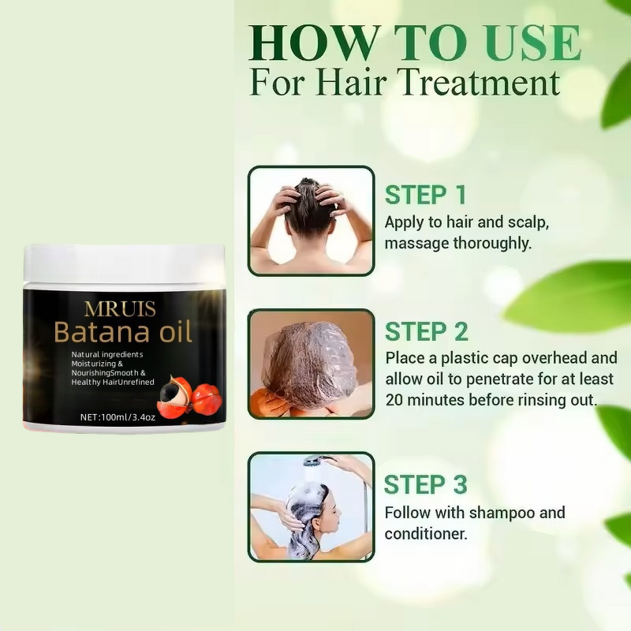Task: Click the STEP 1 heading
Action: pyautogui.click(x=425, y=195)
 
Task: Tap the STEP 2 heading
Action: pyautogui.click(x=426, y=331)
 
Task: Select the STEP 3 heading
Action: pyautogui.click(x=425, y=484)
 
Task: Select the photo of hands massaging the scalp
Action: pyautogui.click(x=311, y=220)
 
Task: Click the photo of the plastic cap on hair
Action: pyautogui.click(x=311, y=364)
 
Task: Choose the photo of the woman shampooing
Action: pyautogui.click(x=311, y=507)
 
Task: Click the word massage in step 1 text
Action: pyautogui.click(x=416, y=243)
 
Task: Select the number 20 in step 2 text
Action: pyautogui.click(x=396, y=399)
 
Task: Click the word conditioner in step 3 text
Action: pyautogui.click(x=424, y=533)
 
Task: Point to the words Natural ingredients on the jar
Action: pyautogui.click(x=107, y=355)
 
